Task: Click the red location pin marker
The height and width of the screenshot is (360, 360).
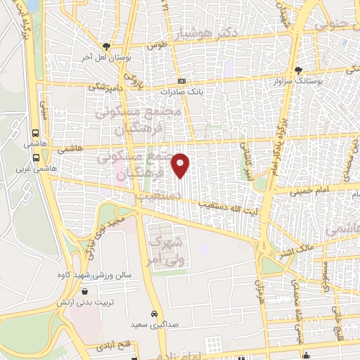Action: (x=181, y=165)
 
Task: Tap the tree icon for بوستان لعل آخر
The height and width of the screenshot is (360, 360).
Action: (x=105, y=45)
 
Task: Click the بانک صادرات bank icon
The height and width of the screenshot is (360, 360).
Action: (x=181, y=80)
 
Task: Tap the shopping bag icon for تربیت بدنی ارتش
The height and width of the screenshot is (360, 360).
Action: (x=85, y=292)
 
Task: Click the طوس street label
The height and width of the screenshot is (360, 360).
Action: (x=155, y=45)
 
